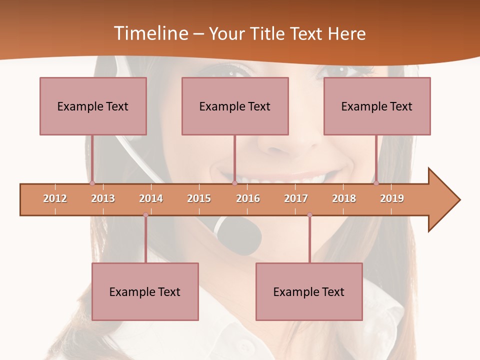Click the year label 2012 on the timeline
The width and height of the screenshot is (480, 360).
[55, 198]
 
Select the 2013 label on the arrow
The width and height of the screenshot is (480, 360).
[103, 198]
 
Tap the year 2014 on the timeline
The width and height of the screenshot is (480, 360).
[151, 198]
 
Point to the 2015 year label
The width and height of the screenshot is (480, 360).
[199, 198]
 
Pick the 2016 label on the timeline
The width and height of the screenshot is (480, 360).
[248, 198]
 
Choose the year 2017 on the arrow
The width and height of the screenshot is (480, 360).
[296, 198]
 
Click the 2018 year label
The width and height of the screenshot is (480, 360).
[344, 198]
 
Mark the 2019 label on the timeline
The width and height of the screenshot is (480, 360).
[392, 198]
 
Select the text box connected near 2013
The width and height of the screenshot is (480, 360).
[93, 106]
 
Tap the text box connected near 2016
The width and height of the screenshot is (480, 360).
[235, 106]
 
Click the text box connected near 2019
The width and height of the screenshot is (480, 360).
[377, 106]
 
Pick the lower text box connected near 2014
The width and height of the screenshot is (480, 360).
[145, 291]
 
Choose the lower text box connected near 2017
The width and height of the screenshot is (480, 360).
[309, 291]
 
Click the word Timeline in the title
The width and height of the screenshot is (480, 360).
[150, 33]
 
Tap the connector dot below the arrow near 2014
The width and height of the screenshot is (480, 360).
[145, 215]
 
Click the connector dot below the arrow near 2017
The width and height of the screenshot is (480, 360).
[309, 215]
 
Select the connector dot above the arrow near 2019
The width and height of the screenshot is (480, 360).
[376, 183]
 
